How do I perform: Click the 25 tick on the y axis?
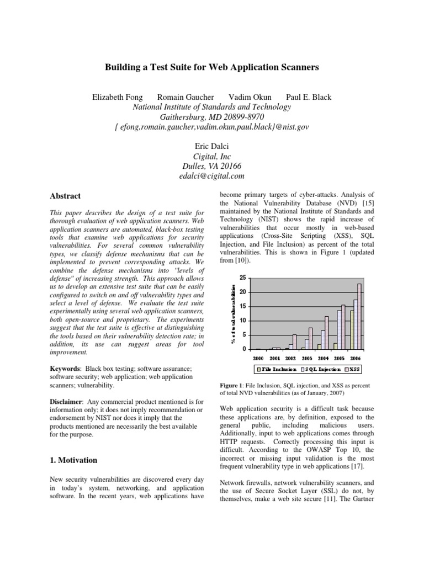(241, 278)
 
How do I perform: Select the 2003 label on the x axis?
(306, 358)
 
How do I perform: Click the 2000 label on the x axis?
(258, 358)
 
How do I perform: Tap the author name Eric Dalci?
(212, 146)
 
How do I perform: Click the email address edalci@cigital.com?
(212, 176)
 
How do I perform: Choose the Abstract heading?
(65, 196)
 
